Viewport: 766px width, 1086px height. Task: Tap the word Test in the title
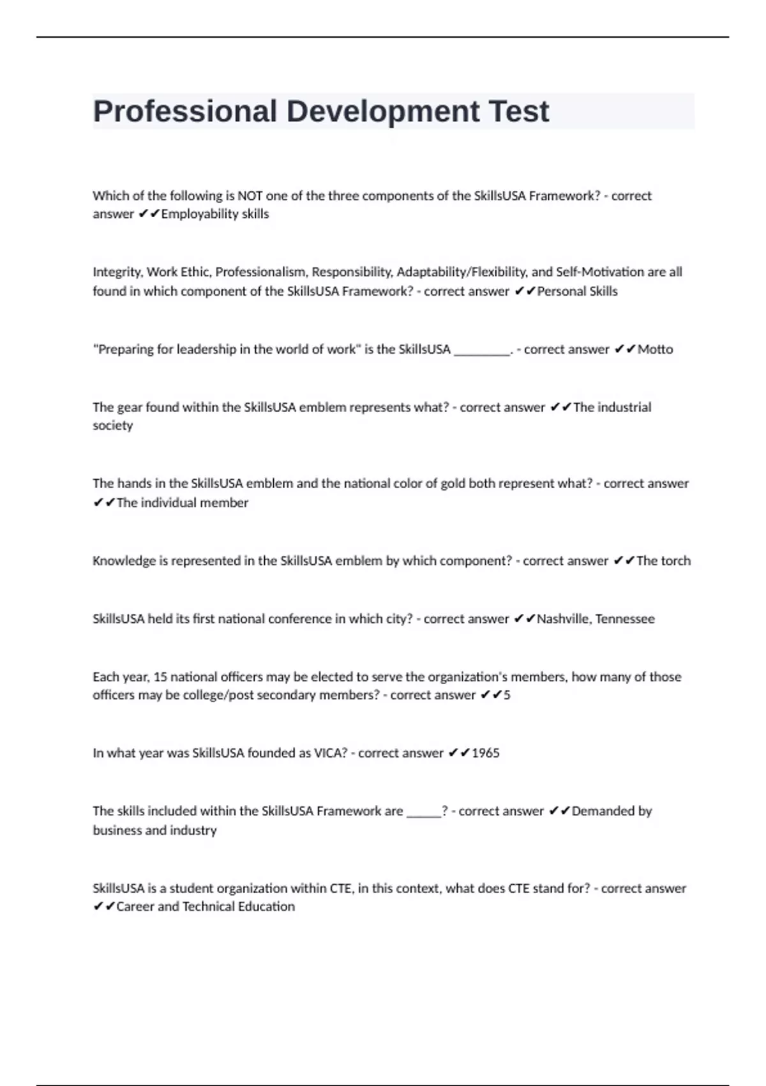tap(518, 112)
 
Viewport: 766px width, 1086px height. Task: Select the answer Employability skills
tap(215, 214)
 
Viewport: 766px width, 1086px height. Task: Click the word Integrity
tap(117, 272)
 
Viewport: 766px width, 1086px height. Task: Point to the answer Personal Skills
tap(577, 291)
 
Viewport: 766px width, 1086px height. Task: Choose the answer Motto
tap(655, 349)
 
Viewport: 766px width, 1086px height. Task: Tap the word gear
tap(130, 408)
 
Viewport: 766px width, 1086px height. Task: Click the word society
tap(113, 425)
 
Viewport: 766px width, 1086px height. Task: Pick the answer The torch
tap(663, 561)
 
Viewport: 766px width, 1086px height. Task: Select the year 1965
tap(485, 753)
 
